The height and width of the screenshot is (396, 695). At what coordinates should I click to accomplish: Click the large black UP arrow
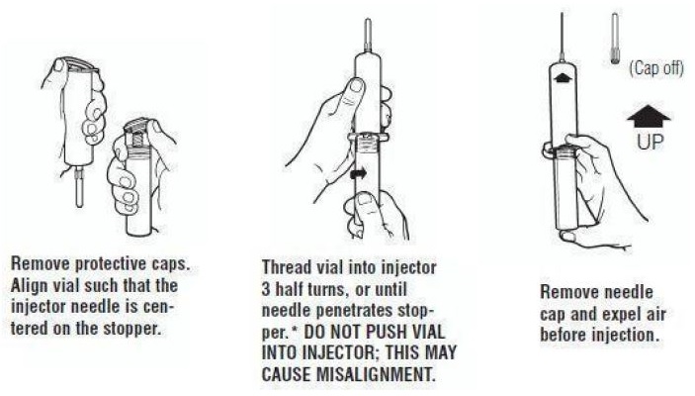tap(649, 116)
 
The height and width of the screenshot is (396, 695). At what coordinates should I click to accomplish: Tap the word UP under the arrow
tap(651, 142)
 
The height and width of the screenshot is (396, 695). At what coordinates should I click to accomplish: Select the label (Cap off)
tap(656, 68)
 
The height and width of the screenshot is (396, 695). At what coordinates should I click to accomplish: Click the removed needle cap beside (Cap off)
tap(615, 39)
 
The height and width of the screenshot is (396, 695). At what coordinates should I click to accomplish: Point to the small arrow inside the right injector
tap(562, 78)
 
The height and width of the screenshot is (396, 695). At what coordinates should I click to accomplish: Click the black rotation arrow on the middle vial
tap(358, 173)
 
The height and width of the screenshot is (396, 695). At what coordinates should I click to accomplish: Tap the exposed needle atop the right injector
tap(562, 37)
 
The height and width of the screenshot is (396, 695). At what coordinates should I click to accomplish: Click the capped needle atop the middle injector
tap(368, 36)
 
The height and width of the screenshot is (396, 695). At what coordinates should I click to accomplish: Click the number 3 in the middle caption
tap(266, 289)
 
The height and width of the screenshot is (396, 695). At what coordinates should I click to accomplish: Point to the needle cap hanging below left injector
tap(79, 189)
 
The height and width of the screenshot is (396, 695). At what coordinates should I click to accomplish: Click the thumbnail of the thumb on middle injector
tap(356, 87)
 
